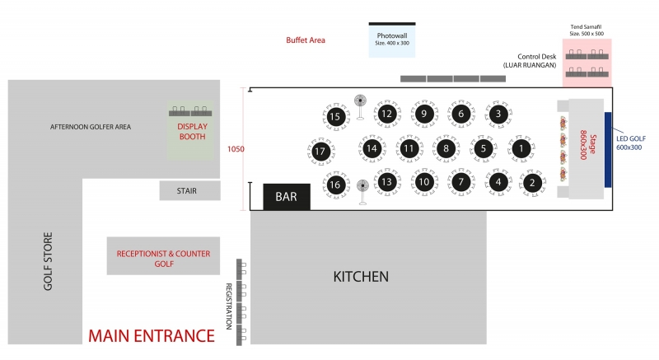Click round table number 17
pyautogui.click(x=321, y=152)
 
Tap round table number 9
pyautogui.click(x=423, y=114)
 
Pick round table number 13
pyautogui.click(x=386, y=182)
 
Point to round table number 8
pyautogui.click(x=446, y=149)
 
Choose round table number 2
pyautogui.click(x=533, y=182)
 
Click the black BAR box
pyautogui.click(x=286, y=197)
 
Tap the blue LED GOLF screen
pyautogui.click(x=608, y=149)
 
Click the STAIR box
pyautogui.click(x=189, y=191)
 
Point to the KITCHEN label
pyautogui.click(x=360, y=277)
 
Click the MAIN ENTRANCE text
pyautogui.click(x=152, y=336)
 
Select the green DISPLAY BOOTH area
pyautogui.click(x=191, y=130)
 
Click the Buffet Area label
pyautogui.click(x=306, y=40)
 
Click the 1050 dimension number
pyautogui.click(x=236, y=149)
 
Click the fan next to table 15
pyautogui.click(x=359, y=102)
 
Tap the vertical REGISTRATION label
pyautogui.click(x=230, y=306)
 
